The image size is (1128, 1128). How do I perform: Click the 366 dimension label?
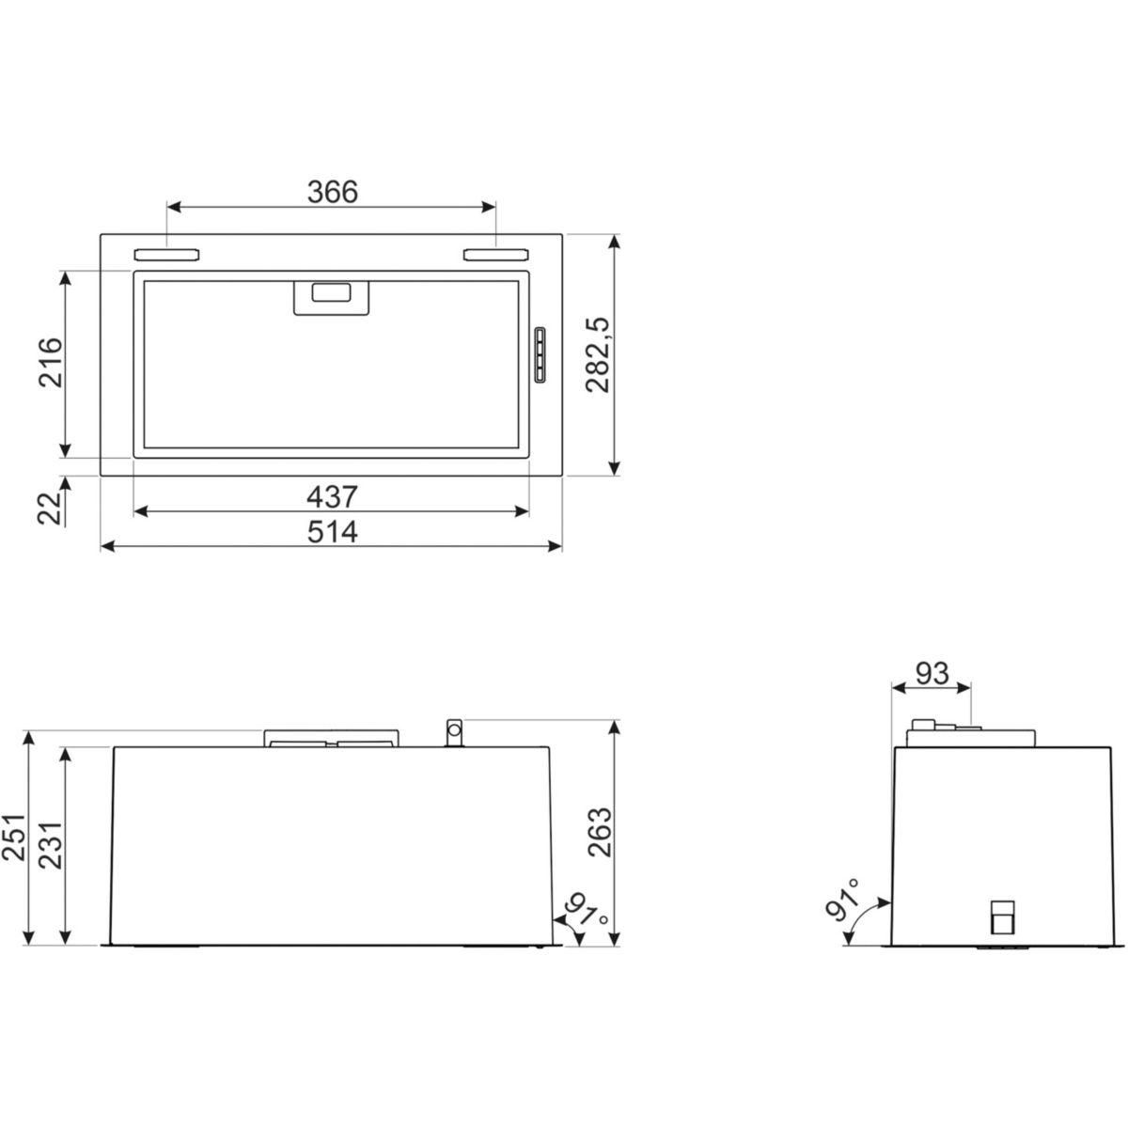[333, 191]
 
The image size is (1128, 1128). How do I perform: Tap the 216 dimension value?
[50, 362]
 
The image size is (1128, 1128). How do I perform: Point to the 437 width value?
[334, 495]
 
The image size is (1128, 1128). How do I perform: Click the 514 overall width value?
[333, 532]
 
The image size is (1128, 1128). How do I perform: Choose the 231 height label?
[49, 838]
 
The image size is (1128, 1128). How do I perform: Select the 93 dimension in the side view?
[932, 673]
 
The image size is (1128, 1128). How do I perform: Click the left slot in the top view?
[166, 254]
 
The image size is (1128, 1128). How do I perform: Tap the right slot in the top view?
[495, 254]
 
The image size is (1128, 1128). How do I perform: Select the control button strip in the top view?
[540, 355]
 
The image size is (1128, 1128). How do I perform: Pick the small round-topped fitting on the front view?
[453, 732]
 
